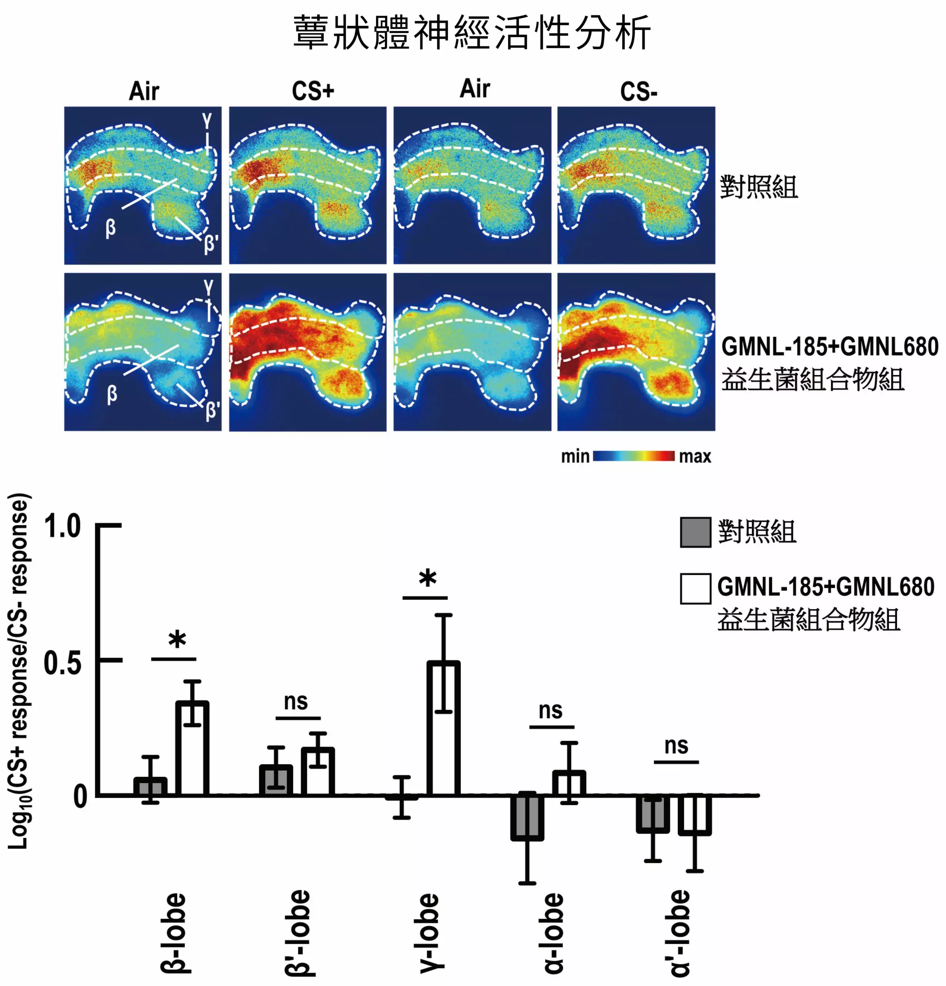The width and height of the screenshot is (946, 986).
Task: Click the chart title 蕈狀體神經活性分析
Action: tap(472, 33)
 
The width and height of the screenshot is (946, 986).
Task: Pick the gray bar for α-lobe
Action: tap(527, 817)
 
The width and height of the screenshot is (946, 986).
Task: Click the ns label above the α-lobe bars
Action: tap(550, 710)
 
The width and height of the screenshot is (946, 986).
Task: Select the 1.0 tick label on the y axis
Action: tap(62, 526)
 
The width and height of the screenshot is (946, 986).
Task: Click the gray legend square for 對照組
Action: tap(696, 532)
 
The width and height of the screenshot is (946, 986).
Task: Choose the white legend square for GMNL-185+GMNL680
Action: tap(696, 588)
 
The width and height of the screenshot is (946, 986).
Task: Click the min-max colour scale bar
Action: tap(634, 456)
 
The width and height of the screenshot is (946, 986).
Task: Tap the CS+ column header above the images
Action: tap(313, 91)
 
